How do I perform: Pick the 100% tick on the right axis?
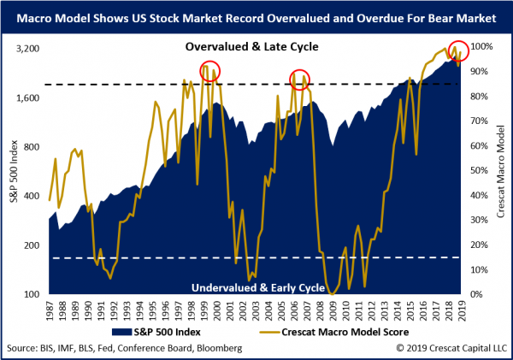(x=482, y=48)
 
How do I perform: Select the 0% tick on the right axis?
(x=477, y=295)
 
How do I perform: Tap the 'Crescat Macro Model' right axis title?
(x=502, y=171)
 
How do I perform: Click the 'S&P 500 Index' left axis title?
(x=12, y=171)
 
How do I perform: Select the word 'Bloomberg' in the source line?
(x=218, y=348)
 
